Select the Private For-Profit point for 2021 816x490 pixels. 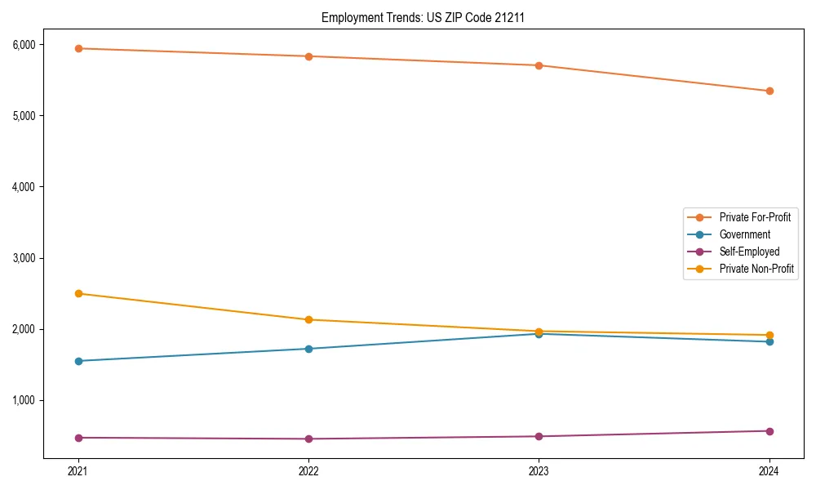click(x=78, y=48)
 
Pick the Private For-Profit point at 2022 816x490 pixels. click(x=308, y=56)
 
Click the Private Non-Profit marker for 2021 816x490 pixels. click(x=78, y=293)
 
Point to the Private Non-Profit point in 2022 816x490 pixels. click(x=308, y=319)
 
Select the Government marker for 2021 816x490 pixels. click(x=78, y=361)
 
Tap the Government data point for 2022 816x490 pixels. click(x=308, y=349)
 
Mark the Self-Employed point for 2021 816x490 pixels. click(x=78, y=438)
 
